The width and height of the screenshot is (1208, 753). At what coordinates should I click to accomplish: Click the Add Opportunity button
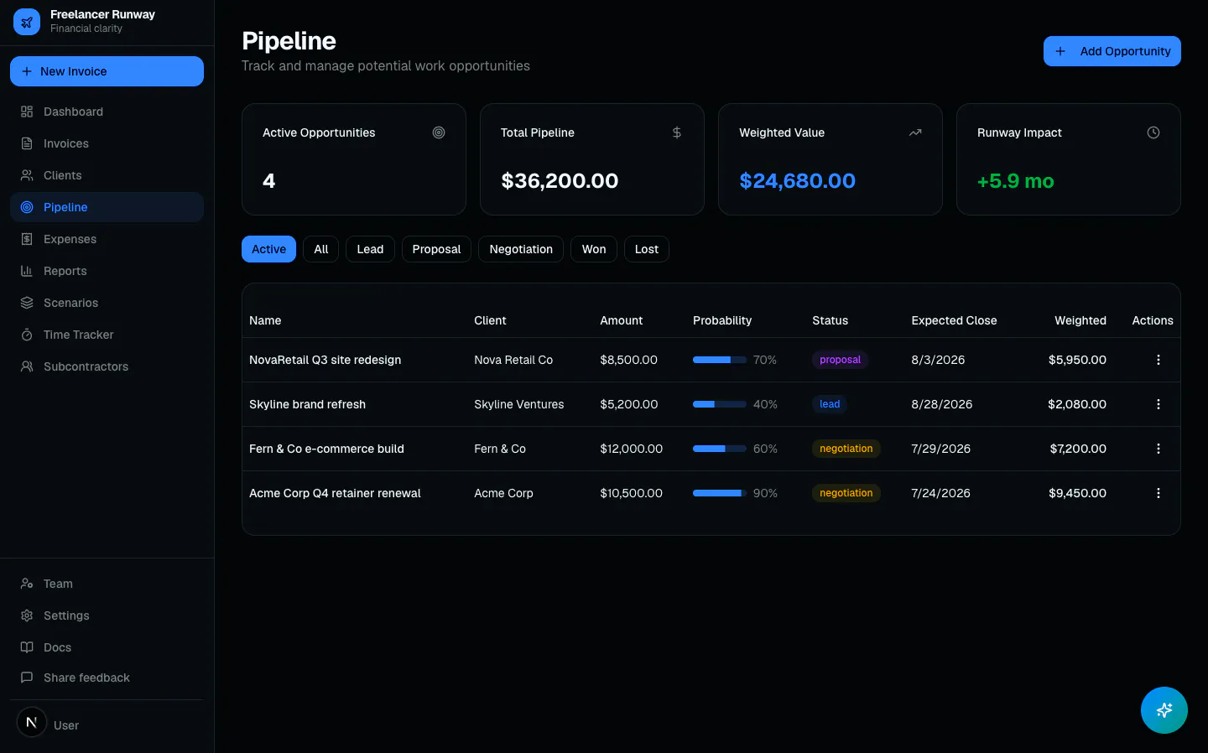(1112, 51)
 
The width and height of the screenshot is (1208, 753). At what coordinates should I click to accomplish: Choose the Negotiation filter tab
(520, 249)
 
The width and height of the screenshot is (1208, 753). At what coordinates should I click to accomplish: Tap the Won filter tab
(593, 249)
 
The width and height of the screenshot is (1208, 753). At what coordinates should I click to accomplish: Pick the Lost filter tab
(646, 249)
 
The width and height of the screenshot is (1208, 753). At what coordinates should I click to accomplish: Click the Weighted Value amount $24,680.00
(797, 180)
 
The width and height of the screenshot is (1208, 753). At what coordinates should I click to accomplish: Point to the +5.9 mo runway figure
(1015, 181)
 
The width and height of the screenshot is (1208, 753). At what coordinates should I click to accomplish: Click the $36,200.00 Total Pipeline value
(560, 180)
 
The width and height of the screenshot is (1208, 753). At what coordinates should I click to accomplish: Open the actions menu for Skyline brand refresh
(1158, 404)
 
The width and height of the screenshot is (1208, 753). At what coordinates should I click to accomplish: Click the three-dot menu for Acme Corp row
(1158, 493)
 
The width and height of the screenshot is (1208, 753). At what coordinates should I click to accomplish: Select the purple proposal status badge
(840, 360)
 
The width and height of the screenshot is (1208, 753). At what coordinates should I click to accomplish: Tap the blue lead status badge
(830, 403)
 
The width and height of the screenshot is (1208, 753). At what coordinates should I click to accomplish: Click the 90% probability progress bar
(720, 493)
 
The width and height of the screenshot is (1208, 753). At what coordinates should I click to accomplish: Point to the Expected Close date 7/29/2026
(940, 449)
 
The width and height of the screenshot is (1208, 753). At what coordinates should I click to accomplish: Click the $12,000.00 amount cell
(631, 449)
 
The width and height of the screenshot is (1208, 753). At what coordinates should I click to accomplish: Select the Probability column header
(722, 320)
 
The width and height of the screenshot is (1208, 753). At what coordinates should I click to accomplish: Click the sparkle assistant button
(1164, 710)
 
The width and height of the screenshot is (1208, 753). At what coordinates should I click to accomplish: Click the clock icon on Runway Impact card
(1153, 132)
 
